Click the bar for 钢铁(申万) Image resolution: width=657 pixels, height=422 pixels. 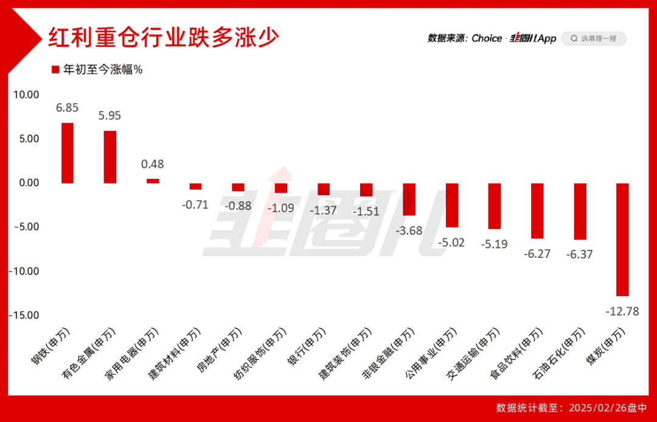(68, 153)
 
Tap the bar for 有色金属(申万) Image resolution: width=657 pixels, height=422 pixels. (110, 157)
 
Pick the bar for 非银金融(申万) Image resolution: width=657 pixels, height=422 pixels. (409, 199)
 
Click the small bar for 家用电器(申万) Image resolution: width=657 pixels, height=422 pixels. (153, 181)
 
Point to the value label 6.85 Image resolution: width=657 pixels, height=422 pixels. (68, 108)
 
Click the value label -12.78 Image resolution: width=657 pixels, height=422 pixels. (622, 311)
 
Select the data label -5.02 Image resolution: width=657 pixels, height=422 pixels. (451, 242)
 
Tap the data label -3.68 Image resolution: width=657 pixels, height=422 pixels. (409, 230)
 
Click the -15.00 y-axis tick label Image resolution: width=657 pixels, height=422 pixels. (24, 315)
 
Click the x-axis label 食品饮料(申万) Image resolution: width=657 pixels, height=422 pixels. (515, 354)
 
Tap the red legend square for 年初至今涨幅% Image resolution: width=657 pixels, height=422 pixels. (55, 69)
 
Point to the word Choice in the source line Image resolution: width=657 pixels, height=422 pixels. (487, 38)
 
